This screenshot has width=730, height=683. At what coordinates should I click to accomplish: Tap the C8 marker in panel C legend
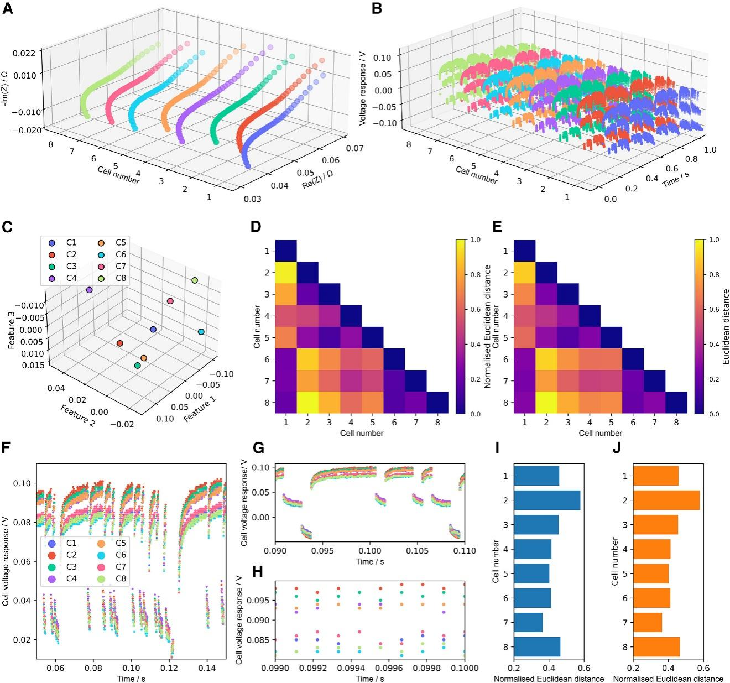tap(102, 278)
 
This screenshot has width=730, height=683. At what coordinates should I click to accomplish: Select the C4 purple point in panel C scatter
tap(89, 290)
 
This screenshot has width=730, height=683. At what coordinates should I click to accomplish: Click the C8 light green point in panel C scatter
tap(194, 281)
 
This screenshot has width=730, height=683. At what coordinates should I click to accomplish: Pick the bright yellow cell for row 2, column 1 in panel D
tap(286, 273)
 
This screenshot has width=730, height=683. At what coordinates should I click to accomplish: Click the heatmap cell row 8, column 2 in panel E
tap(546, 403)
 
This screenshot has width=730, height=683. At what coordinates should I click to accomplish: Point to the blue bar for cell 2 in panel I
tap(547, 500)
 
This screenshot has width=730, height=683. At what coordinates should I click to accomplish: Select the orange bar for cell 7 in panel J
tap(648, 623)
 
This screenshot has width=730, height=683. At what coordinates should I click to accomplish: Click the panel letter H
tap(257, 572)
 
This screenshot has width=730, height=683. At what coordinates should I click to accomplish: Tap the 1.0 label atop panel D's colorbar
tap(475, 240)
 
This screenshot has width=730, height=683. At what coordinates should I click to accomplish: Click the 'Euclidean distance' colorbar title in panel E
tap(726, 326)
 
